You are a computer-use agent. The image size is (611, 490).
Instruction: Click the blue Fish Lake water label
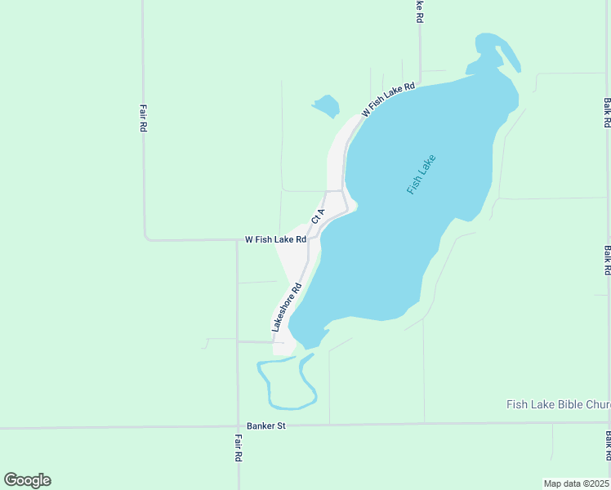point(421,174)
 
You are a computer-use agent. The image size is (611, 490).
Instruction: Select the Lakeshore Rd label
point(287,307)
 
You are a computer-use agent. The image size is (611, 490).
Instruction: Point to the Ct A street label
point(319,216)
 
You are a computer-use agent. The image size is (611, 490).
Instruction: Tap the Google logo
point(27,480)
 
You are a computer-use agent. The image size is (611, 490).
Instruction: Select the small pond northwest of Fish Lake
point(326,105)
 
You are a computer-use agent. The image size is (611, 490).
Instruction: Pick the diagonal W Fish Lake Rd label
point(389,100)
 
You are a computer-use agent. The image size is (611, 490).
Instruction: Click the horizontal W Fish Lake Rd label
point(275,239)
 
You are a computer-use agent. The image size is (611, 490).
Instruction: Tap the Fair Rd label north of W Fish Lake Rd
point(143,118)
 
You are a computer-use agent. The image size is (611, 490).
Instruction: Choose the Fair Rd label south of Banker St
point(238,448)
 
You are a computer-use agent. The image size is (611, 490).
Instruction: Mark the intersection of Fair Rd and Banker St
point(238,426)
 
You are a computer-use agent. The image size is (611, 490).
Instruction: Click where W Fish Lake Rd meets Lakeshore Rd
point(311,238)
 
